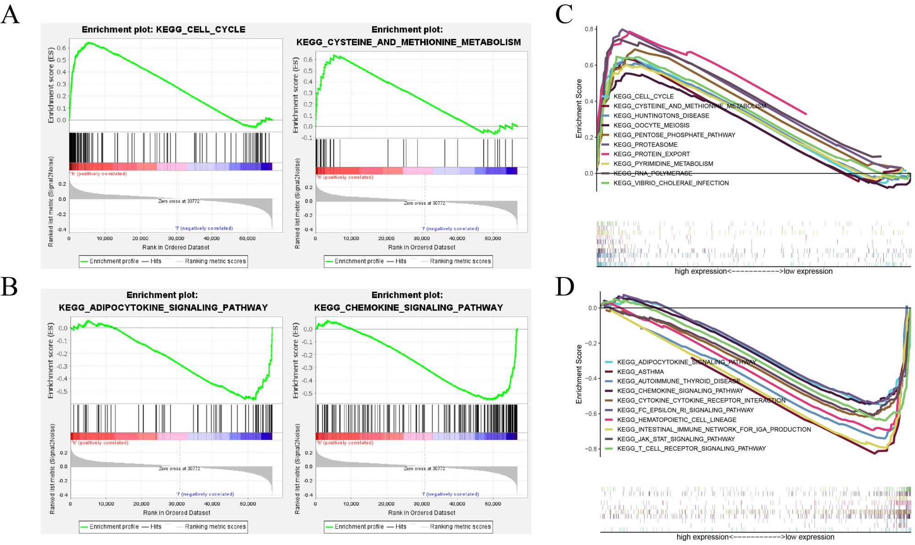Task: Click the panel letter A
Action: [x=10, y=15]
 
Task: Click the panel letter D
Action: [x=565, y=287]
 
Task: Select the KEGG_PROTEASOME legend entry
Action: [x=645, y=144]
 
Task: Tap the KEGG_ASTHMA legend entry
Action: [x=640, y=372]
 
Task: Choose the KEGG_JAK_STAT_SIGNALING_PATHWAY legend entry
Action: [x=676, y=439]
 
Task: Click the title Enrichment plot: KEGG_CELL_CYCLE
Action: [x=163, y=30]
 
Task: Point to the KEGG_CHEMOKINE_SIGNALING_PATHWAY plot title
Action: [x=408, y=308]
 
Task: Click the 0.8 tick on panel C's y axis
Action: [x=588, y=29]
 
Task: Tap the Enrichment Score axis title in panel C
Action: [x=579, y=108]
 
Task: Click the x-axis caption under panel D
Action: [x=755, y=537]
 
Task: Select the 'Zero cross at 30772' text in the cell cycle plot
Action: [x=179, y=201]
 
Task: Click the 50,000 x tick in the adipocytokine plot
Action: [x=248, y=504]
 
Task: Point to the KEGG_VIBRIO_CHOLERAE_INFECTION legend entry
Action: [x=671, y=183]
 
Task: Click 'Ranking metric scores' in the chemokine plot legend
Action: [x=460, y=527]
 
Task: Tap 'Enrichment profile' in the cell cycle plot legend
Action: [x=114, y=261]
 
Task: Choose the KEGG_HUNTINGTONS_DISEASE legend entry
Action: [x=661, y=116]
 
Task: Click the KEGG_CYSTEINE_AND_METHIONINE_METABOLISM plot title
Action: [x=408, y=42]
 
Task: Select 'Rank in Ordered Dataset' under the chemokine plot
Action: [x=421, y=513]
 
